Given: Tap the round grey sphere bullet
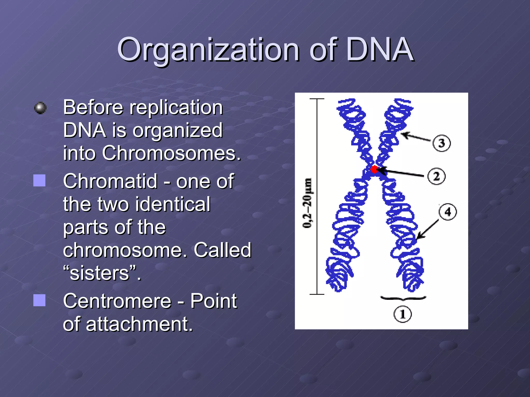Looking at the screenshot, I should point(40,108).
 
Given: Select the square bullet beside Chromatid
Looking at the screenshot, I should point(39,180).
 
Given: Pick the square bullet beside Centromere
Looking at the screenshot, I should point(39,300).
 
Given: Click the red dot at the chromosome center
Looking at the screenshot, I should point(374,169).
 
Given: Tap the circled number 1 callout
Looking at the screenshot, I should point(402,315).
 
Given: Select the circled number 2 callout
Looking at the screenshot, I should point(436,177).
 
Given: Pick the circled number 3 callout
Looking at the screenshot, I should point(441,143).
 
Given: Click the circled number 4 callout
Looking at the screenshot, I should point(448,212).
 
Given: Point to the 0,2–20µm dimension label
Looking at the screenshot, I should point(307,203).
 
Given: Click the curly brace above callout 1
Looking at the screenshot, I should point(403,299).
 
